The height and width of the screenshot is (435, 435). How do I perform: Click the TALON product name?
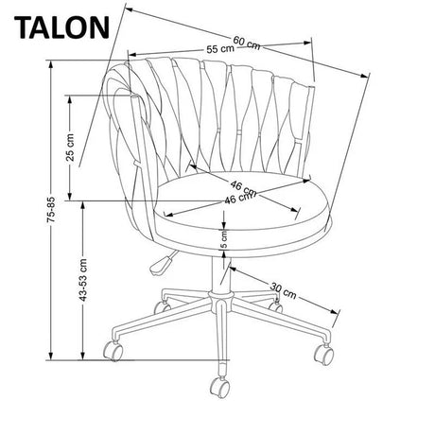point(61,27)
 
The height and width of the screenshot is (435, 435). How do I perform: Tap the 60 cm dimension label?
point(247,43)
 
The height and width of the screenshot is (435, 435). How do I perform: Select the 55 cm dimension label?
point(220,49)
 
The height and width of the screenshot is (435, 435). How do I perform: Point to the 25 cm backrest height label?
point(70,148)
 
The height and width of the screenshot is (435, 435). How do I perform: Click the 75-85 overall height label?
point(51,210)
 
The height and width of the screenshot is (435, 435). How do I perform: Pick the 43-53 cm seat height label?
point(83,280)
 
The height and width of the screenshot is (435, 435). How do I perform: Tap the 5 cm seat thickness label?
point(224,239)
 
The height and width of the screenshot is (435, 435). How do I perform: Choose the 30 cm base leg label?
point(283,291)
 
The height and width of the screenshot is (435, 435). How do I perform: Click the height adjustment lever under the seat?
point(162,263)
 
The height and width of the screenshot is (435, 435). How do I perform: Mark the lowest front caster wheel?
point(219,388)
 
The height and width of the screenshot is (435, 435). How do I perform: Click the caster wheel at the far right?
point(324,354)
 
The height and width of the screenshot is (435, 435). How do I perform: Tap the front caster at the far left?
point(113,351)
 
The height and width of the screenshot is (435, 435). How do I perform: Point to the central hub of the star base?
point(221,301)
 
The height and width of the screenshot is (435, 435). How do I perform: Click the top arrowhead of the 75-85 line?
point(50,64)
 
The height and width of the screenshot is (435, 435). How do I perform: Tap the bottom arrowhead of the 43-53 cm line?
point(83,356)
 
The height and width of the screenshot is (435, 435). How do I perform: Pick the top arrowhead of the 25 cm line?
point(70,99)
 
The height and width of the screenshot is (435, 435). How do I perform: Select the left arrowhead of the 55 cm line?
point(133,54)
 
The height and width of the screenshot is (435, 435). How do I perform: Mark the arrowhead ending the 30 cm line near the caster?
point(334,311)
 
